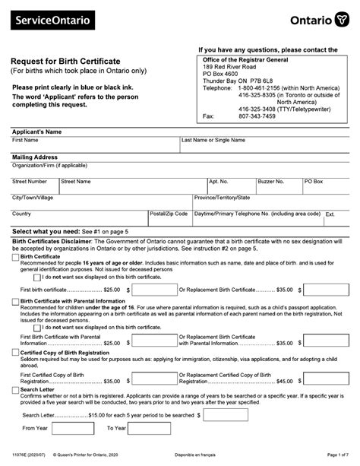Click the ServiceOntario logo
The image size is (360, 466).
point(49,17)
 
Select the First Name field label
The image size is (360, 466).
point(25,141)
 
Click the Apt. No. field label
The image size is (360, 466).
point(219,182)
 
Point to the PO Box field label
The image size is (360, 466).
point(314,182)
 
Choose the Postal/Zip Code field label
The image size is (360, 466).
point(169,214)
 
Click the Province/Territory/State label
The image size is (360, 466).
point(225,198)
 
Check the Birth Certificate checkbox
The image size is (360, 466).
point(15,257)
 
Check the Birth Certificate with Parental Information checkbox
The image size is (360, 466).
point(15,302)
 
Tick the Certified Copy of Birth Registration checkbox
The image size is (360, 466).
point(15,353)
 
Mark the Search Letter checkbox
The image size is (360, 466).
point(15,389)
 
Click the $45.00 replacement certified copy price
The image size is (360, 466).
point(284,381)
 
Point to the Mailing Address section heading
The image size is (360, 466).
point(36,157)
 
